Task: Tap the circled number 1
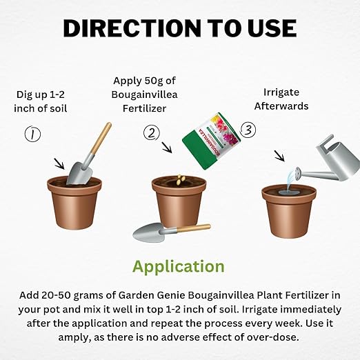[x=32, y=134]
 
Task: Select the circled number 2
[x=152, y=133]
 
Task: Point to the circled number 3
[x=248, y=130]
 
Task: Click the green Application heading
[x=179, y=267]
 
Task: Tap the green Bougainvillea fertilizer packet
[x=212, y=141]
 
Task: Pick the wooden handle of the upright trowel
[x=101, y=139]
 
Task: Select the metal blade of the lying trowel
[x=150, y=232]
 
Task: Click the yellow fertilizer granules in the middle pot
[x=181, y=179]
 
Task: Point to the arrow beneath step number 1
[x=59, y=163]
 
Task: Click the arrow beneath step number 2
[x=167, y=148]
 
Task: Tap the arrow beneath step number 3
[x=280, y=157]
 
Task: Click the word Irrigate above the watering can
[x=281, y=92]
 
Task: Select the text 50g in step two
[x=154, y=81]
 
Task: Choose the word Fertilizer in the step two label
[x=144, y=108]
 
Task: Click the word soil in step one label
[x=59, y=108]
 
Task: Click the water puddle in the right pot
[x=289, y=192]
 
